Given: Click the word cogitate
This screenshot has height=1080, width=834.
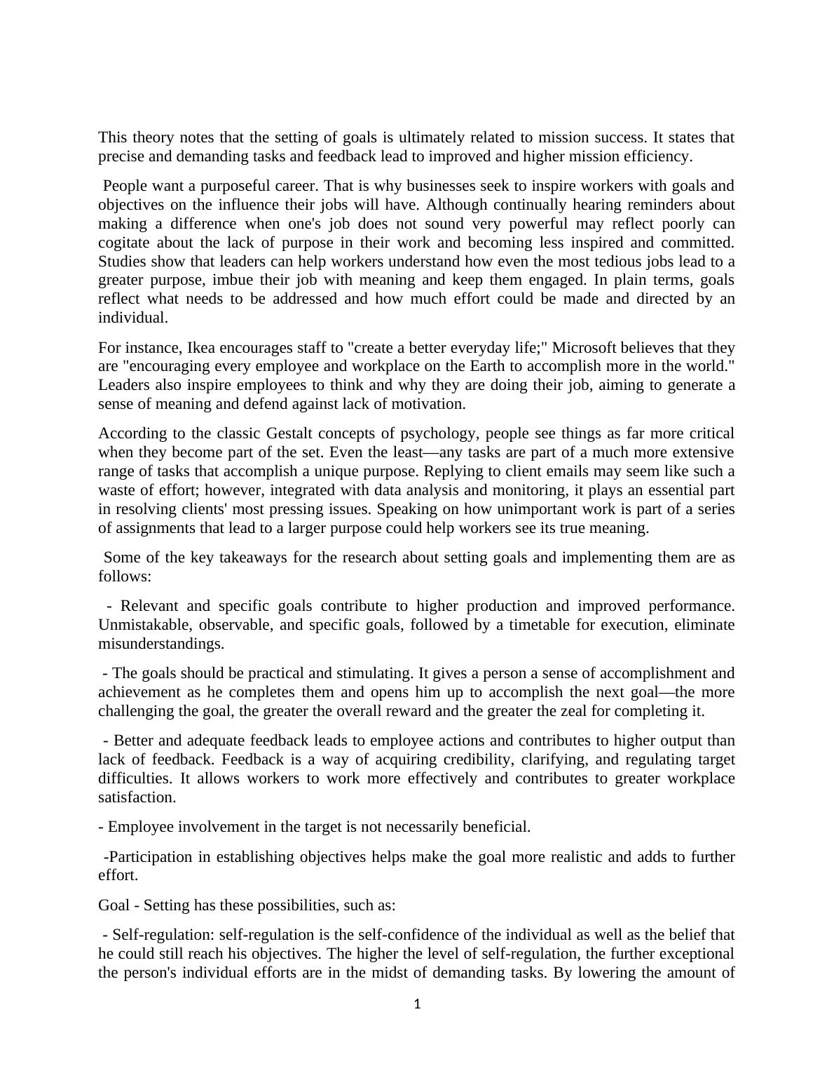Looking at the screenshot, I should point(124,243).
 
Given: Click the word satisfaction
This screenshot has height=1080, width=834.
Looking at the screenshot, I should point(136,797).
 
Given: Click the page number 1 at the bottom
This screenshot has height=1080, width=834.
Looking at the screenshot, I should point(417,1004).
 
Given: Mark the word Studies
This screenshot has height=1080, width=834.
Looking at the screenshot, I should point(122,262).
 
